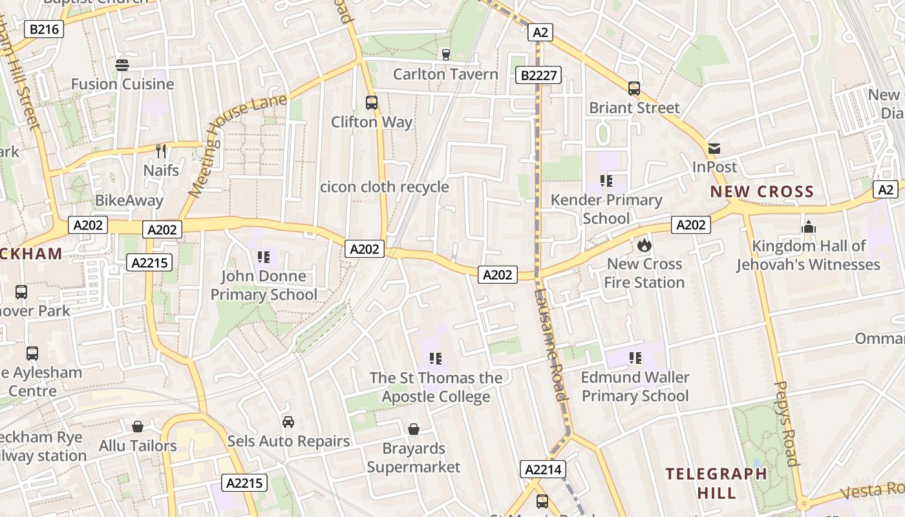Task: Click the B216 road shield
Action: (x=44, y=29)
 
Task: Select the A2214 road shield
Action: (x=543, y=469)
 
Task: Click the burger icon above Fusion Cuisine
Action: (x=122, y=65)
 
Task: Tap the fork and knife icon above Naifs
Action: (x=161, y=151)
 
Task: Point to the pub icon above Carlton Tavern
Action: (x=445, y=55)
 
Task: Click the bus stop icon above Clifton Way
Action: (x=372, y=102)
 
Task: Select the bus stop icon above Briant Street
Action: (x=634, y=89)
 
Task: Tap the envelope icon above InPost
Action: (x=714, y=149)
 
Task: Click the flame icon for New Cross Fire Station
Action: (x=644, y=245)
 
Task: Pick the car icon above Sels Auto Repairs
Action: (x=288, y=422)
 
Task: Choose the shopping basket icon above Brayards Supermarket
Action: (x=414, y=429)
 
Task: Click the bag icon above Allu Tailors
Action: (x=138, y=427)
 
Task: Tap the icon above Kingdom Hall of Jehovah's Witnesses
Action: (x=809, y=227)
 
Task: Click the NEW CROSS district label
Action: (x=762, y=192)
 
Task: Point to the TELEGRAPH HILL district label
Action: (x=716, y=483)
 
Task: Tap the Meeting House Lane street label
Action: (x=237, y=145)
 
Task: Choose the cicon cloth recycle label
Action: (x=385, y=187)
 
